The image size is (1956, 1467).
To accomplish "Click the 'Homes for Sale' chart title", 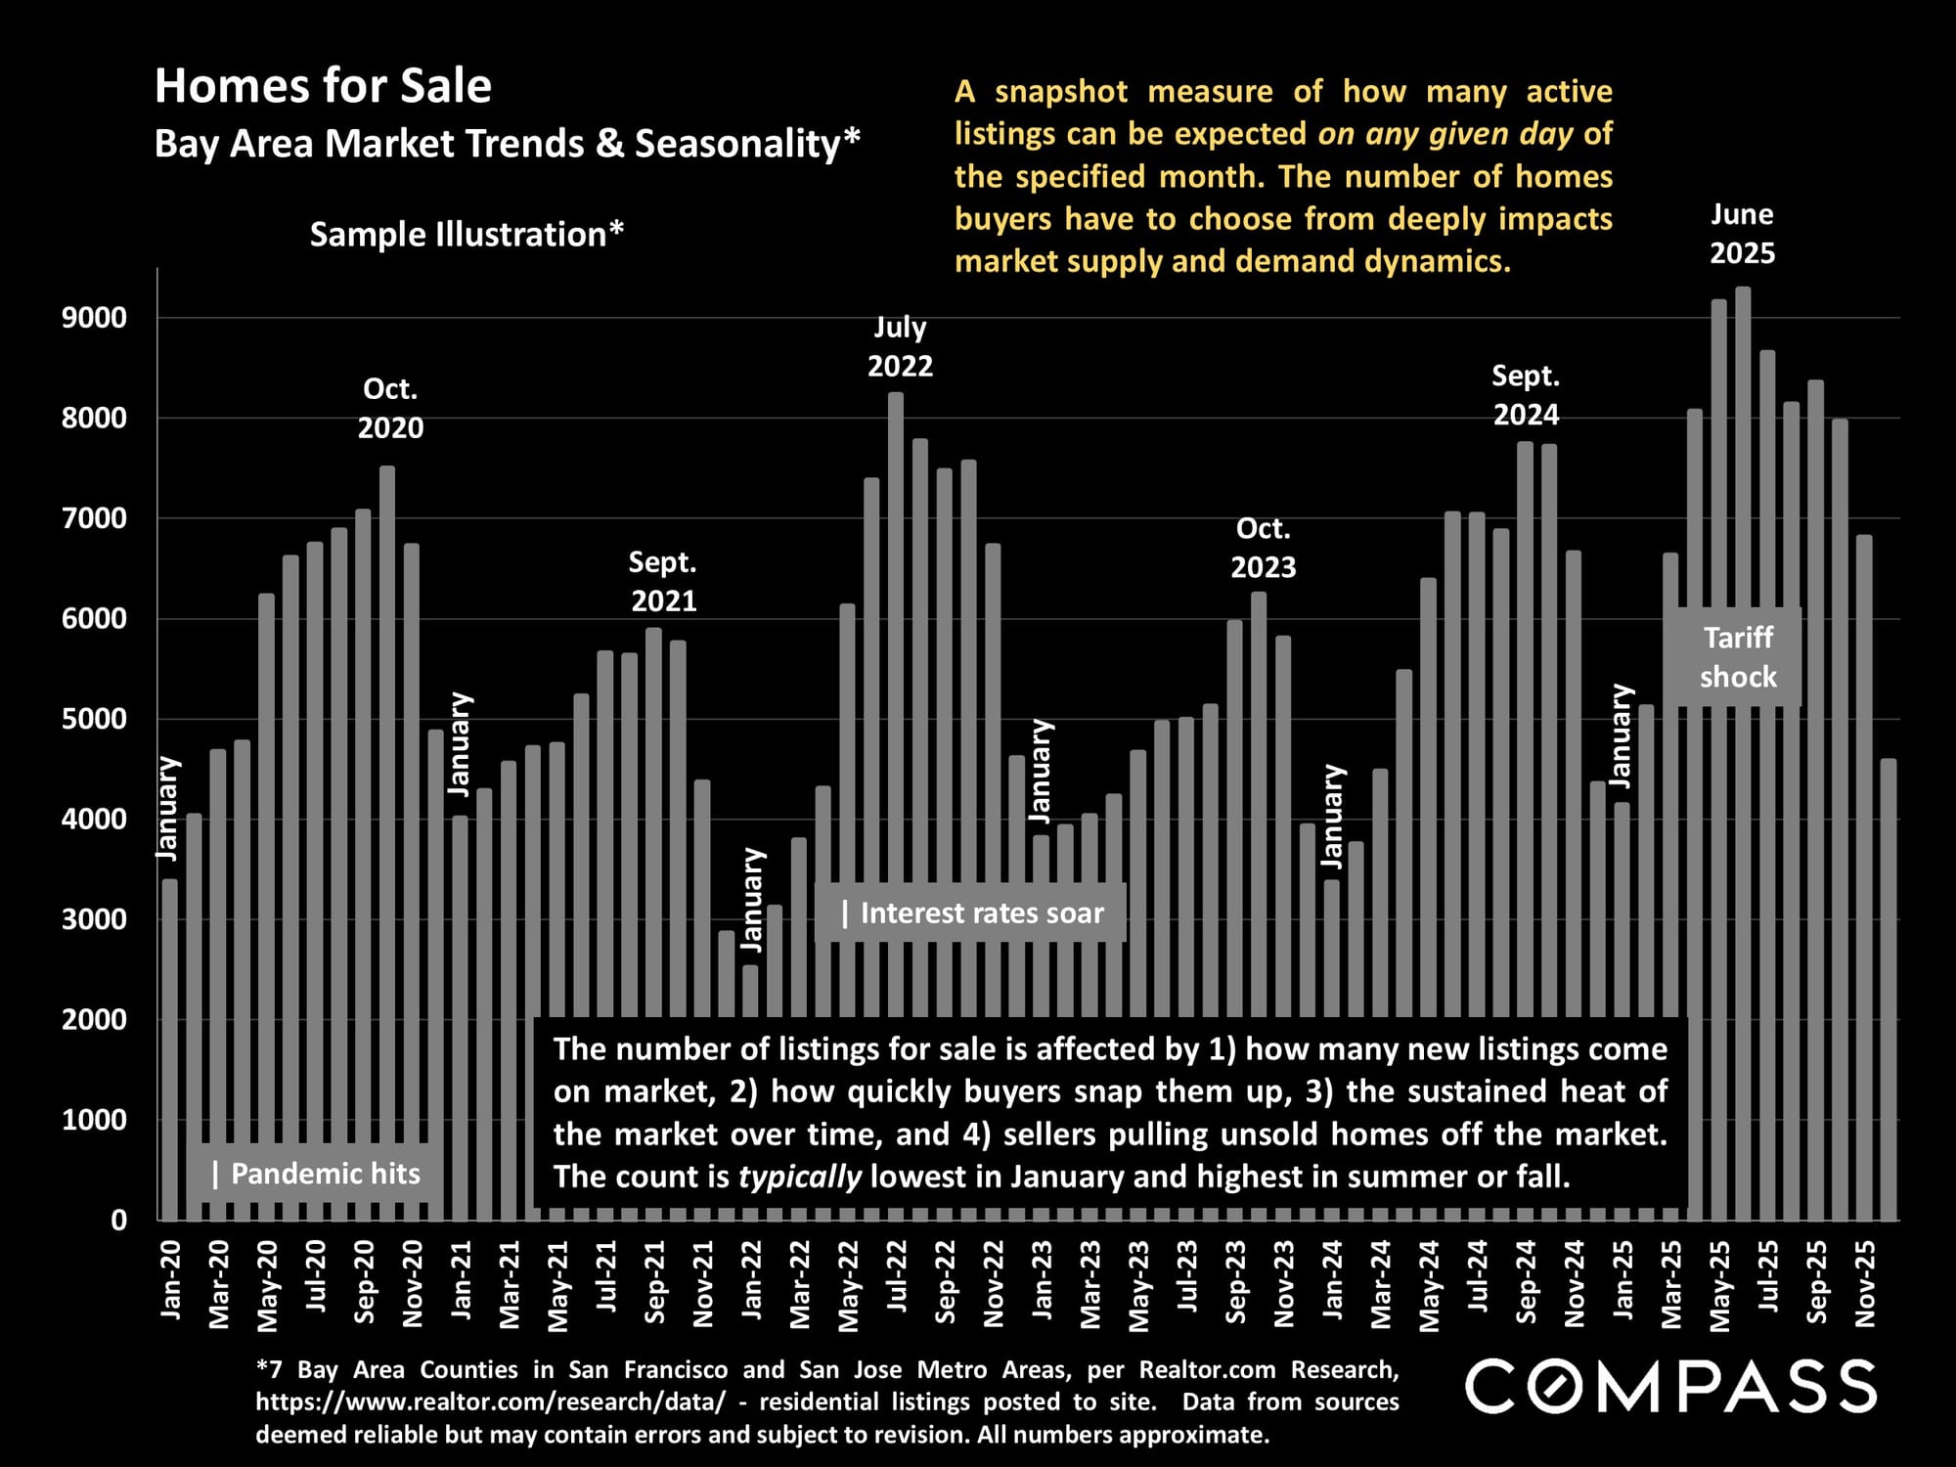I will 323,86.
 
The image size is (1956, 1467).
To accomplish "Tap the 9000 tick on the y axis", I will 94,318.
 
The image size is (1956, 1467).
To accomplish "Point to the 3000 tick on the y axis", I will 94,919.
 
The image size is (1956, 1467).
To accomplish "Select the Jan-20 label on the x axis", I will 171,1280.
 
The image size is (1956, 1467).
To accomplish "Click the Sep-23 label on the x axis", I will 1236,1282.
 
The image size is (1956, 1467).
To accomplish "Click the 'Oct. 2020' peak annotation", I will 390,409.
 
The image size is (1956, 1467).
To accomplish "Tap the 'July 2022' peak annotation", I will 900,346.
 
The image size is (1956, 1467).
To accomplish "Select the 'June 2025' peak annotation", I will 1742,234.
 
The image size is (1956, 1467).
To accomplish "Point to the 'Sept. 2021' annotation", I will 663,581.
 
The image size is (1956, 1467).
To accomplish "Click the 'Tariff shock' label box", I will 1738,657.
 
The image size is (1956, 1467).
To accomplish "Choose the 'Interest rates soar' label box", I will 971,913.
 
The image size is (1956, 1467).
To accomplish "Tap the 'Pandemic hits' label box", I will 316,1174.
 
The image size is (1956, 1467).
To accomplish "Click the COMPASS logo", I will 1670,1386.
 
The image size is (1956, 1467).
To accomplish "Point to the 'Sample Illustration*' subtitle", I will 467,235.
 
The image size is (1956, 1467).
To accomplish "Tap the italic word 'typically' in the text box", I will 800,1177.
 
